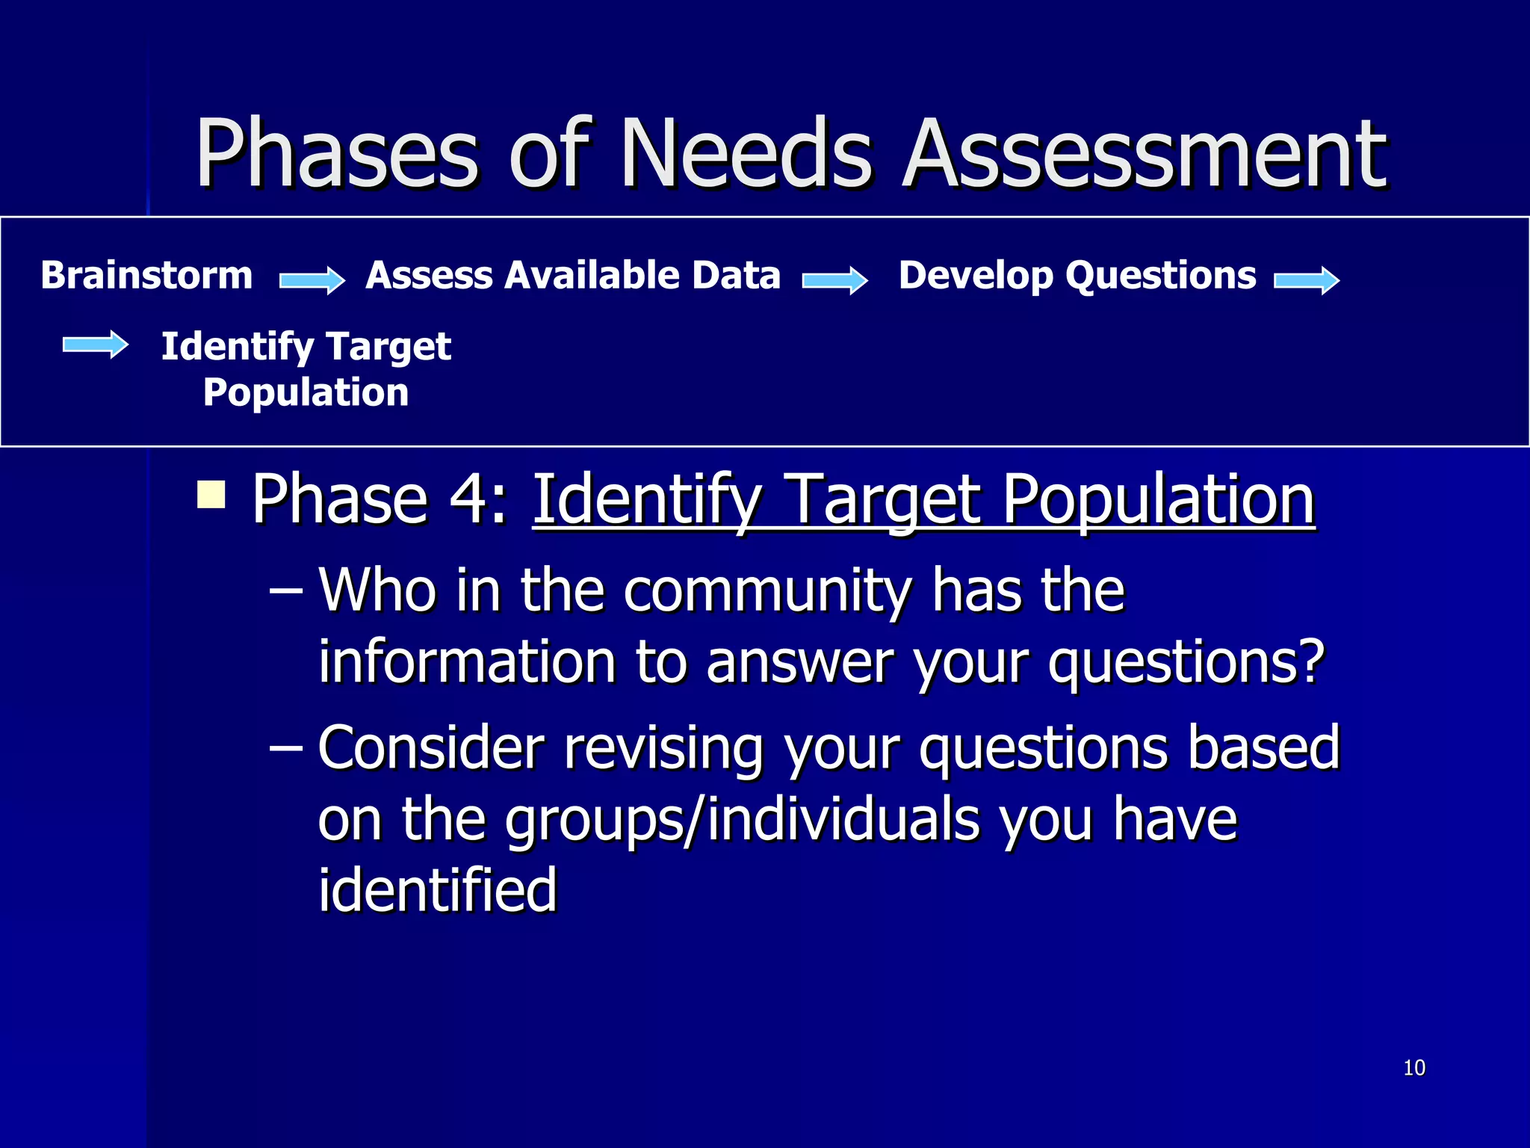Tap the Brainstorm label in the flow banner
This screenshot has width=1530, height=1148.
click(x=146, y=276)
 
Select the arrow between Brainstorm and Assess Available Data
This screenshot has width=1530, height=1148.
click(x=312, y=280)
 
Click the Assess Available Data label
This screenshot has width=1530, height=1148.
click(x=572, y=276)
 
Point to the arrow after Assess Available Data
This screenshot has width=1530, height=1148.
click(x=834, y=280)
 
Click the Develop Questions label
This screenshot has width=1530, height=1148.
click(x=1077, y=276)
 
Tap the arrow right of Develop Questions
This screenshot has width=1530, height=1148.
click(x=1307, y=280)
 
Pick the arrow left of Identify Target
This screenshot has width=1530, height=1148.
click(x=96, y=345)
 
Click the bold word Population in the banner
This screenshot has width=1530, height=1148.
click(x=306, y=392)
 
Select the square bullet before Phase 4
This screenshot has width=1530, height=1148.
click(x=211, y=495)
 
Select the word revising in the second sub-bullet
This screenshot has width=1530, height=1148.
click(x=663, y=747)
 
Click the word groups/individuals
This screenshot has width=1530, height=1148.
click(x=742, y=819)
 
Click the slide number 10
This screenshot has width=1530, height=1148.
click(x=1414, y=1067)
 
